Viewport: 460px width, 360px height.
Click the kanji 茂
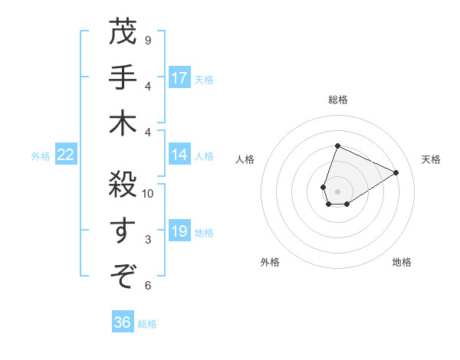coord(123,33)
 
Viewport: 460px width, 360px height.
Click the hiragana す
coord(123,227)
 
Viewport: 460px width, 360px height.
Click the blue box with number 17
coord(179,77)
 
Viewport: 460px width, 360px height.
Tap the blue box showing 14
coord(179,155)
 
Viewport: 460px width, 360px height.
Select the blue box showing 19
coord(179,231)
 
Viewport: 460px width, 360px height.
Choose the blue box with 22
coord(65,155)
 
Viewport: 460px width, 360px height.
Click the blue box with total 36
coord(122,322)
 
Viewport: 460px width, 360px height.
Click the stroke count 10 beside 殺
coord(148,194)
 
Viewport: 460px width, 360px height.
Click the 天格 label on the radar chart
coord(431,159)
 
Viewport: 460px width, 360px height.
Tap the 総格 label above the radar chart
coord(337,100)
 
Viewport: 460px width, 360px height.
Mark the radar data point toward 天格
coord(396,172)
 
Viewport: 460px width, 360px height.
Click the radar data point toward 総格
coord(337,146)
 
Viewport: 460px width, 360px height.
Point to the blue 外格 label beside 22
coord(41,155)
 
